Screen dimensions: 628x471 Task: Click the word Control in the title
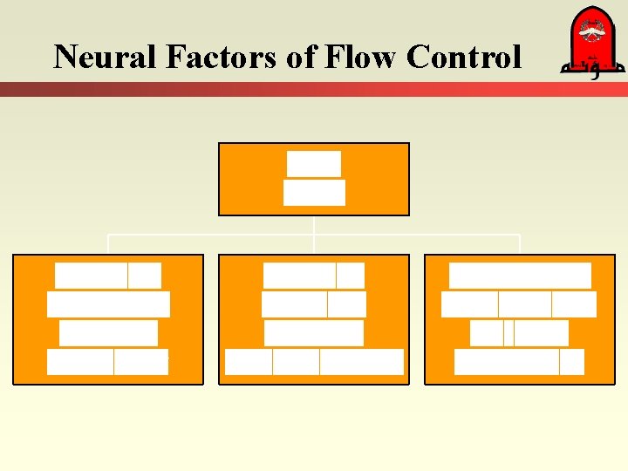click(x=463, y=57)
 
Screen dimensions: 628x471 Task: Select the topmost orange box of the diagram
click(x=313, y=179)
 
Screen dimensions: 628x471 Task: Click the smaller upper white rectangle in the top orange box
click(x=313, y=164)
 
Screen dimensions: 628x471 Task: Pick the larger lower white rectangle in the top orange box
click(x=314, y=193)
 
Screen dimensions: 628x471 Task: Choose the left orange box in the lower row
click(x=108, y=319)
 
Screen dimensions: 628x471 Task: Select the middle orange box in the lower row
click(x=313, y=319)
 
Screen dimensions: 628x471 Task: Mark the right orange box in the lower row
click(x=520, y=319)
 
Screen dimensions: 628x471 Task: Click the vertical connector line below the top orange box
click(x=314, y=225)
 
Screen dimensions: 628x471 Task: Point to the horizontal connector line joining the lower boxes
click(x=209, y=235)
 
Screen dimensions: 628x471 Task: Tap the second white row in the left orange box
click(x=108, y=304)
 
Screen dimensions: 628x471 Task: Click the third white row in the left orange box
click(x=108, y=333)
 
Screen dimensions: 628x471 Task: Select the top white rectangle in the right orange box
click(x=520, y=276)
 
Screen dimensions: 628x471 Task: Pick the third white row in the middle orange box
click(x=313, y=333)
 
